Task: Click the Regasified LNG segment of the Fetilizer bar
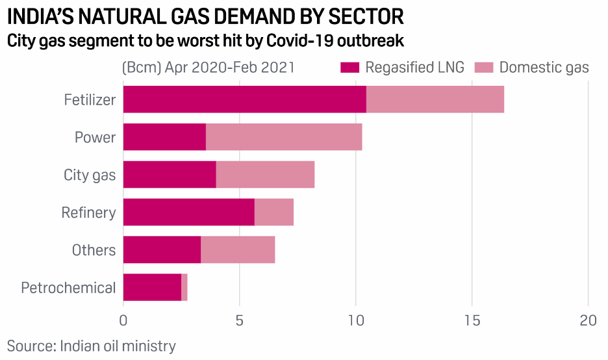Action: tap(244, 99)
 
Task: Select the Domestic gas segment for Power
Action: tap(284, 137)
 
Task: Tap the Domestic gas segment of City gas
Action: tap(265, 175)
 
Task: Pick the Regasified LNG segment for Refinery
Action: tap(188, 212)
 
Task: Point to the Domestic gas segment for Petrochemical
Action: tap(184, 287)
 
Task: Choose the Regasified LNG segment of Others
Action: tap(162, 250)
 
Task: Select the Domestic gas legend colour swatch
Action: tap(483, 68)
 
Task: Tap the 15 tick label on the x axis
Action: tap(472, 320)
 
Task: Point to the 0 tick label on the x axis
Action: tap(123, 320)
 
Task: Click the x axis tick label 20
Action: tap(588, 320)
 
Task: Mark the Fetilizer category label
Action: tap(90, 100)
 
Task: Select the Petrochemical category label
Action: tap(68, 288)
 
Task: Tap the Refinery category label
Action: tap(88, 212)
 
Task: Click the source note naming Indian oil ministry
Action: tap(92, 346)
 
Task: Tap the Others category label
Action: tap(94, 250)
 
